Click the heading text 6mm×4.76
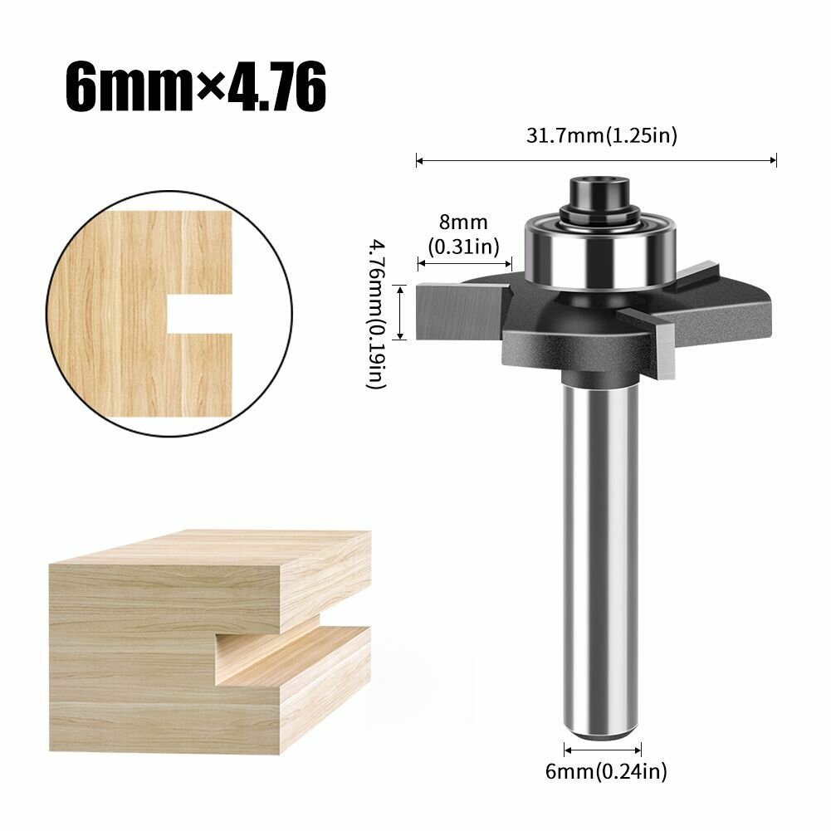click(x=196, y=86)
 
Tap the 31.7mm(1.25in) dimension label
click(x=602, y=135)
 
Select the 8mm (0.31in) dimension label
click(x=464, y=234)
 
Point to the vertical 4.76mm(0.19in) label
click(x=378, y=315)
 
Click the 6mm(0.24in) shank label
click(x=606, y=771)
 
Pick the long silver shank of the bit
click(x=601, y=556)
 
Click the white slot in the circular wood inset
click(x=200, y=314)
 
